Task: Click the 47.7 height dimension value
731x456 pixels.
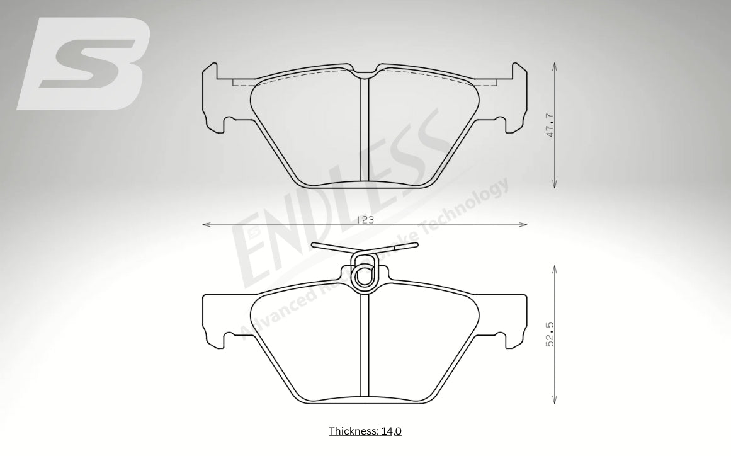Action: pyautogui.click(x=550, y=125)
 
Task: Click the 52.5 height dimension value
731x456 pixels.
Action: pyautogui.click(x=550, y=334)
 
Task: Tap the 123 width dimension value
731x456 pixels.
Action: pyautogui.click(x=365, y=220)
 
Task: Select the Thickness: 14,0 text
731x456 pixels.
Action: pyautogui.click(x=365, y=431)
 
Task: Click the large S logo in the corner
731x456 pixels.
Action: pyautogui.click(x=85, y=64)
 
